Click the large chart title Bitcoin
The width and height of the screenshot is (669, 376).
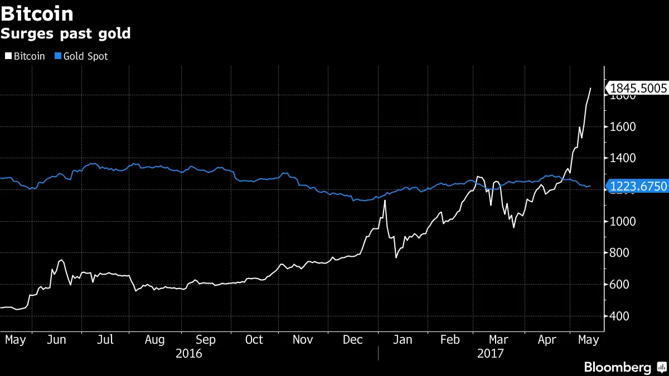pyautogui.click(x=37, y=13)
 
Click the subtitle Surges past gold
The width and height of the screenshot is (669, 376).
pyautogui.click(x=65, y=33)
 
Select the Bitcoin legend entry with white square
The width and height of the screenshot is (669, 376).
pyautogui.click(x=25, y=56)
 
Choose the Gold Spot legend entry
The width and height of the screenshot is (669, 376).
pyautogui.click(x=81, y=56)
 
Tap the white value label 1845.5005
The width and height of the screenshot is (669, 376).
pyautogui.click(x=638, y=88)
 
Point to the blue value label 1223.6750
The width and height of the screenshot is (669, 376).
pyautogui.click(x=638, y=186)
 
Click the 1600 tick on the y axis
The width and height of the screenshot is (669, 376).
pyautogui.click(x=622, y=127)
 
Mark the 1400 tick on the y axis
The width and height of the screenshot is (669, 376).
pyautogui.click(x=622, y=158)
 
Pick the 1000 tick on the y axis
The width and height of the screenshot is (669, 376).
pyautogui.click(x=622, y=222)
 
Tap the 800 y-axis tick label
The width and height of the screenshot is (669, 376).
pyautogui.click(x=619, y=253)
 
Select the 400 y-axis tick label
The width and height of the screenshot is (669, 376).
pyautogui.click(x=619, y=316)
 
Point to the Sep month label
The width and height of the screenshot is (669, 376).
pyautogui.click(x=206, y=340)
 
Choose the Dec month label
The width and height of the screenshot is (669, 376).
pyautogui.click(x=352, y=340)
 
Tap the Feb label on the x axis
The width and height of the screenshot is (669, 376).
pyautogui.click(x=450, y=340)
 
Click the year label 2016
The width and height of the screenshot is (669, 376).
pyautogui.click(x=189, y=353)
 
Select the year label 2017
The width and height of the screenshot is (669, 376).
pyautogui.click(x=491, y=353)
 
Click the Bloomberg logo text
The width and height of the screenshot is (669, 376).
pyautogui.click(x=617, y=367)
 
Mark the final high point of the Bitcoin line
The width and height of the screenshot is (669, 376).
pyautogui.click(x=590, y=88)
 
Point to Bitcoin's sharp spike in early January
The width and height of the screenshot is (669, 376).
pyautogui.click(x=385, y=201)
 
